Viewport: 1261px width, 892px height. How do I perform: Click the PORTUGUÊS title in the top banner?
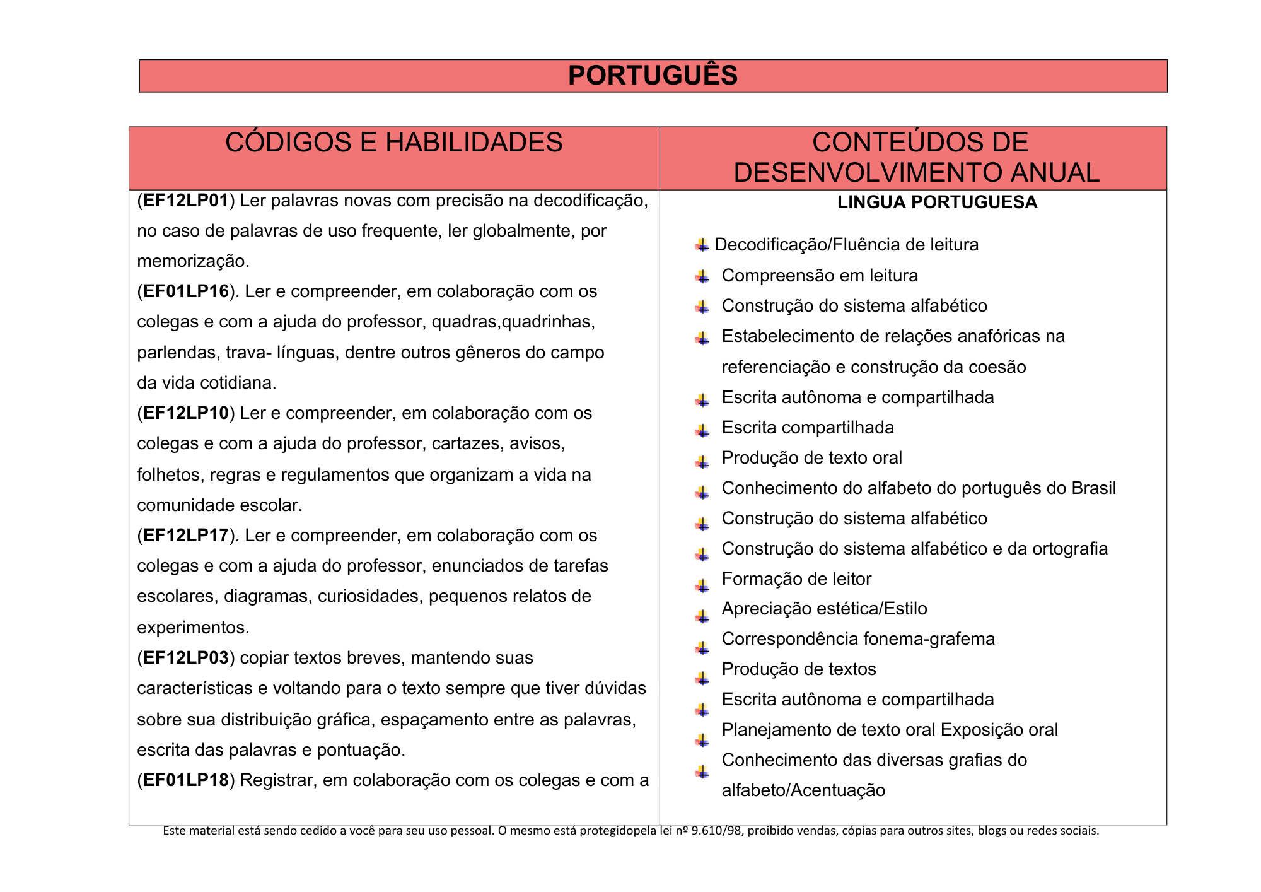click(x=653, y=76)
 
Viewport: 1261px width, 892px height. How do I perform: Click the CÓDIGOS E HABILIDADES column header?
click(x=393, y=143)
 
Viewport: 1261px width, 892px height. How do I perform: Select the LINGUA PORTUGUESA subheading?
click(x=937, y=202)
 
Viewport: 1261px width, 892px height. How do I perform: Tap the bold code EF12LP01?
click(x=185, y=201)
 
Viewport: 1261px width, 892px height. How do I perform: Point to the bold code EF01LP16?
click(x=185, y=291)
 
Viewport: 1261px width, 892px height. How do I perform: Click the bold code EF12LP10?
click(x=185, y=413)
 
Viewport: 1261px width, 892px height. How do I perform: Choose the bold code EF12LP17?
click(x=185, y=536)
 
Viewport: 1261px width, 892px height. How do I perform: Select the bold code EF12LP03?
click(x=185, y=658)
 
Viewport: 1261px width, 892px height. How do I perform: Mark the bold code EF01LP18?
click(x=185, y=780)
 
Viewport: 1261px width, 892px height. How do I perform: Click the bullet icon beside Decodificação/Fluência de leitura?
click(x=702, y=245)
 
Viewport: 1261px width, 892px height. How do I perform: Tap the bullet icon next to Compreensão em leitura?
click(x=702, y=276)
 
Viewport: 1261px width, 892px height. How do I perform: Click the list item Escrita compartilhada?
click(x=808, y=428)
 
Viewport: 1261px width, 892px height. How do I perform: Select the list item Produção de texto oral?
click(x=811, y=458)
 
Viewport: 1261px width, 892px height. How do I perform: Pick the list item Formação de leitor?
click(x=796, y=579)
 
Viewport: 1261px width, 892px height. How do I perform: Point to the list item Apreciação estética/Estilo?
click(x=824, y=609)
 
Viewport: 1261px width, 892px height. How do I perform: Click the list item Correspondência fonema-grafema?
click(x=858, y=639)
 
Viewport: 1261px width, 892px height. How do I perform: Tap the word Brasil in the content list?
click(x=1093, y=488)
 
